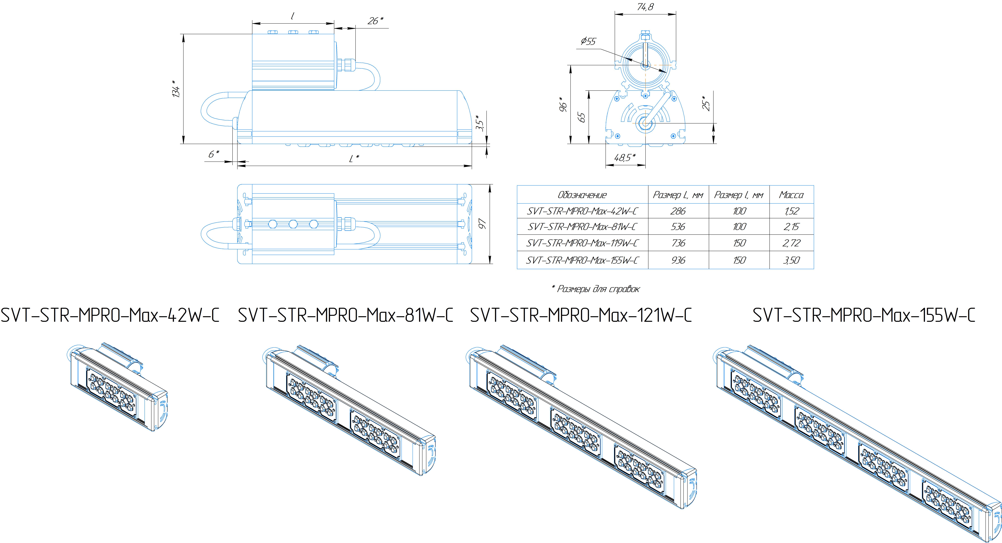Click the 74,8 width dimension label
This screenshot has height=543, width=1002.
tap(645, 7)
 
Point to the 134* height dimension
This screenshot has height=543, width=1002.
tap(176, 89)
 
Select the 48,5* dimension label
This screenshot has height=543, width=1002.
tap(625, 158)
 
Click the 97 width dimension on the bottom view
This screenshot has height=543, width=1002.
tap(482, 224)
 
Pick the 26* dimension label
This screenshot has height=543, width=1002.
tap(375, 21)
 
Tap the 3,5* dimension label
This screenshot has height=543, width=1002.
tap(480, 123)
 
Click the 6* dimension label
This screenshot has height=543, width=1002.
tap(214, 154)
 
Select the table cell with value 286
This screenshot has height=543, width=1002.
tap(678, 211)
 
